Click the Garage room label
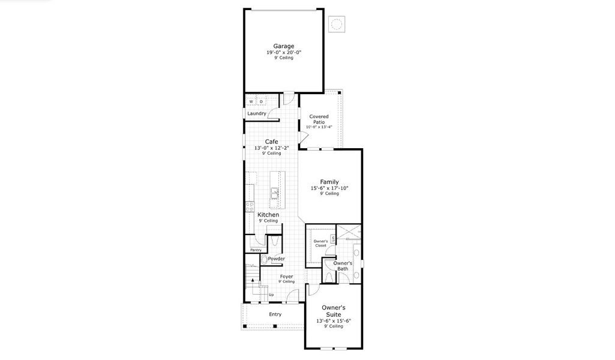[284, 46]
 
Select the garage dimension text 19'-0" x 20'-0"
[284, 52]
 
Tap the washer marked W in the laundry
[251, 101]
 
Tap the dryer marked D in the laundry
[261, 101]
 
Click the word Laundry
[257, 113]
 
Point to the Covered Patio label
[319, 119]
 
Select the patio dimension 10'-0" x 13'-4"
[319, 127]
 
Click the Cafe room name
[271, 142]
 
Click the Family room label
[329, 182]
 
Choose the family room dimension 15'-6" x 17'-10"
[329, 188]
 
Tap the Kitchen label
[268, 215]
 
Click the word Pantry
[256, 250]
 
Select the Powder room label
[276, 259]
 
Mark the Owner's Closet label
[320, 243]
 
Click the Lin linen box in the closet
[332, 238]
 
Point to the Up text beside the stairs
[271, 295]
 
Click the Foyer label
[286, 277]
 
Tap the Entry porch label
[275, 314]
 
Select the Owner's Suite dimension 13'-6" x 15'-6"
[333, 321]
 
